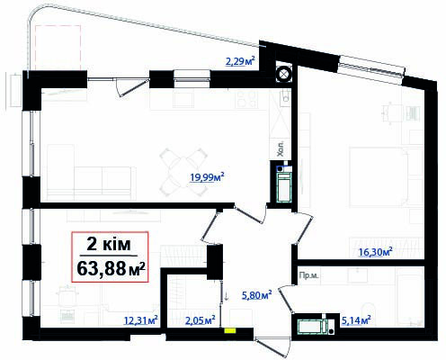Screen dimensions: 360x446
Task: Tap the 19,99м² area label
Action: point(207,176)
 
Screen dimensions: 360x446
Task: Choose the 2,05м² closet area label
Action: point(200,319)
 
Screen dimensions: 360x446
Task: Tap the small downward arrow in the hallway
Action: point(227,293)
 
